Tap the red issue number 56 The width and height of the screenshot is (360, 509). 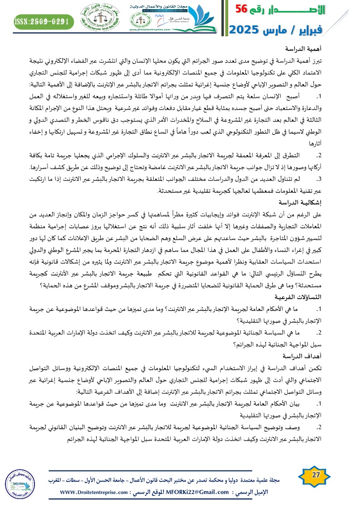(x=243, y=10)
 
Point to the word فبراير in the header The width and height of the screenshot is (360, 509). (x=326, y=29)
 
